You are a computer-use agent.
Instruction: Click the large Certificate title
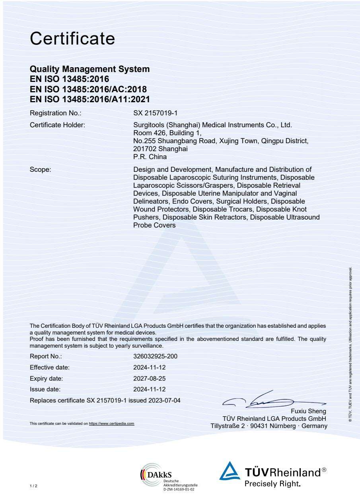72,39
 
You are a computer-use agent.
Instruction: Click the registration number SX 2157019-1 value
153,113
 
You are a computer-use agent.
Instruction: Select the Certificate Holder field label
58,125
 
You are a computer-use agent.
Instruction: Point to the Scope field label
39,170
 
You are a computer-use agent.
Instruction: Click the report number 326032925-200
155,356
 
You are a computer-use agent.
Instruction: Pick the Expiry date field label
47,378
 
